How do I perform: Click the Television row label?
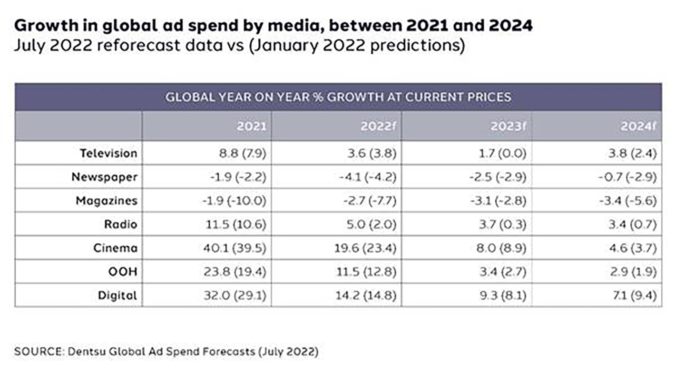coord(108,153)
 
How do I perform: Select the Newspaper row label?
coord(105,177)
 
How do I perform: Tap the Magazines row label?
coord(107,200)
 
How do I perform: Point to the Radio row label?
coord(121,224)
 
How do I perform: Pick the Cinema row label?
coord(116,248)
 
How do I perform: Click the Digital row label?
coord(117,296)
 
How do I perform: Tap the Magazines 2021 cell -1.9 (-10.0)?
coord(233,200)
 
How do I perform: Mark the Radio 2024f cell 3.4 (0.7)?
coord(629,224)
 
